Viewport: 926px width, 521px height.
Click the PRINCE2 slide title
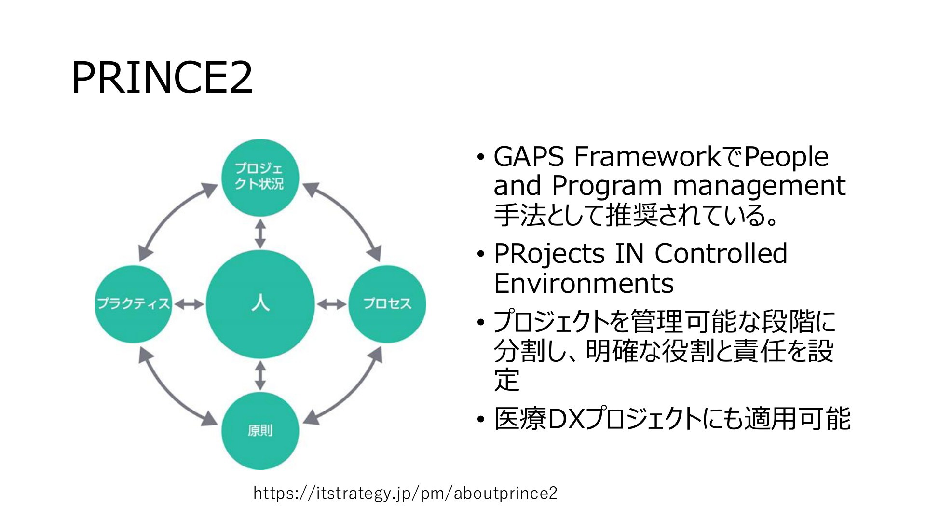pos(162,78)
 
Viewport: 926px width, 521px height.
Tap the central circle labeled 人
pos(260,304)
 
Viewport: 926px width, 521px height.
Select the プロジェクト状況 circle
pos(260,178)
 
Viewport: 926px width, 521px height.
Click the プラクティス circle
pos(134,304)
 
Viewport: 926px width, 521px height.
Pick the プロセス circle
pos(387,304)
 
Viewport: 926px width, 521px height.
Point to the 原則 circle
pos(260,431)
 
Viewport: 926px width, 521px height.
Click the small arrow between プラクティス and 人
pos(189,304)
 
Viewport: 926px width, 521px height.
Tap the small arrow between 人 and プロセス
pos(331,304)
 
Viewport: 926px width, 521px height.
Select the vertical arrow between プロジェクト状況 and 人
pos(260,233)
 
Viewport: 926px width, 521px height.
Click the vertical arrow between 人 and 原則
pos(260,375)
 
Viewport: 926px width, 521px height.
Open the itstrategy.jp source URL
pos(405,493)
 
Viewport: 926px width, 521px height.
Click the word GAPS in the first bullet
pos(529,157)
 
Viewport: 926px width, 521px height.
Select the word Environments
pos(584,283)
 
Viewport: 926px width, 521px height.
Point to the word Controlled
pos(721,254)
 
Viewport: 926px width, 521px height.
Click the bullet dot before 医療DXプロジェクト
pos(480,421)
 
